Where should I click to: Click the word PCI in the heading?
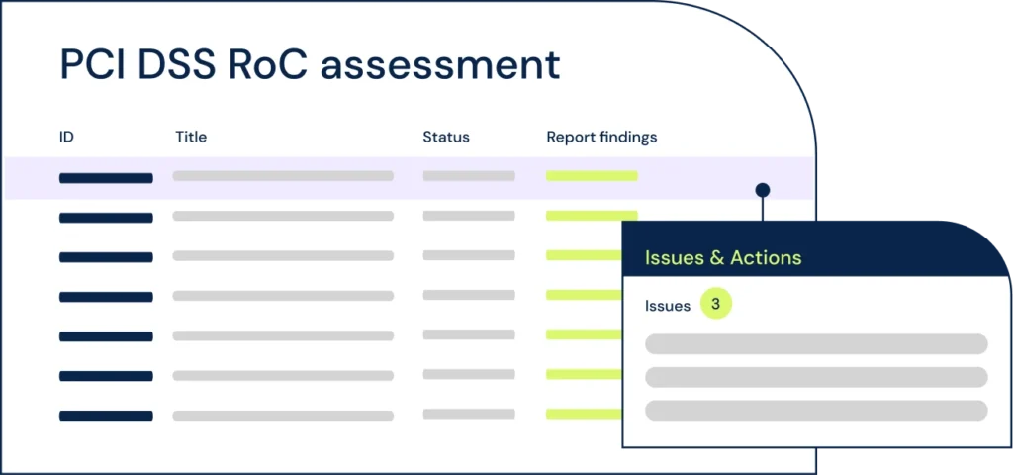(x=91, y=64)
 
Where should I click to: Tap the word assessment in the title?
(x=440, y=65)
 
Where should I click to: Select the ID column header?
(x=66, y=137)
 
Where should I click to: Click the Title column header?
(x=191, y=137)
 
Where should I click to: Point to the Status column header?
(x=446, y=137)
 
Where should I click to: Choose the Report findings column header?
(x=601, y=137)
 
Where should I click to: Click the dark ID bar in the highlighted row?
(x=106, y=178)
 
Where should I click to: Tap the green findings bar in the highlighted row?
(x=592, y=176)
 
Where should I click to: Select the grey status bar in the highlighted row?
(x=469, y=176)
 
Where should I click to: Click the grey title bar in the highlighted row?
(x=283, y=176)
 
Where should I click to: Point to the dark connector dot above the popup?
(x=763, y=190)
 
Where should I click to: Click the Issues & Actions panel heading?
(x=723, y=258)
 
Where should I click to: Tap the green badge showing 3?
(x=716, y=305)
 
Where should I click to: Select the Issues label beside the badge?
(x=668, y=306)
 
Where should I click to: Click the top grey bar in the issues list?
(x=816, y=343)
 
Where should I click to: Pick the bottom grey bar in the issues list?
(x=816, y=411)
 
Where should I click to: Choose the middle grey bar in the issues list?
(x=816, y=377)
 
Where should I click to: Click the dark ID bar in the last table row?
(x=106, y=417)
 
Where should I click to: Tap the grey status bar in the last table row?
(x=469, y=414)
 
